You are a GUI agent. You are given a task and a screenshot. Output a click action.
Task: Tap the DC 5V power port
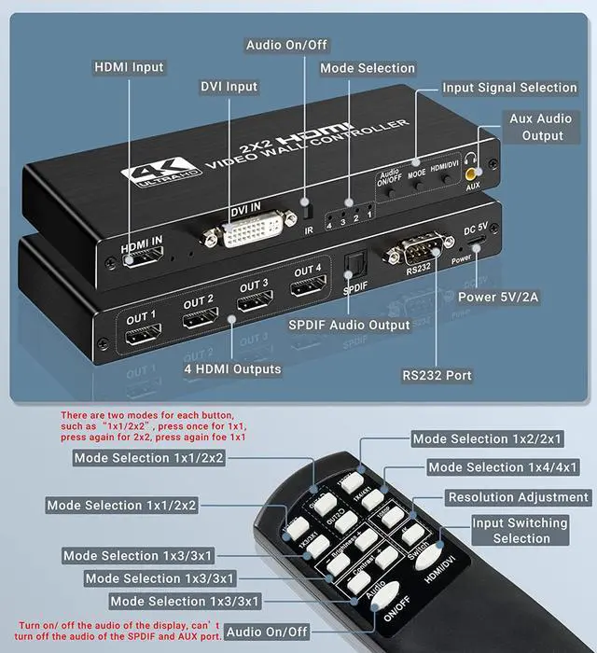[x=477, y=246]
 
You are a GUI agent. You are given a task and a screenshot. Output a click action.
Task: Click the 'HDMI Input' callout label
[x=129, y=67]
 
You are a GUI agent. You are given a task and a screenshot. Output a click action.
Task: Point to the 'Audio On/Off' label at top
[x=287, y=45]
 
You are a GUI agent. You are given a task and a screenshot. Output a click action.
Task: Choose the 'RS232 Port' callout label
[x=437, y=375]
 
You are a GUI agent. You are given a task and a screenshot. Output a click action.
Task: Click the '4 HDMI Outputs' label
[x=233, y=368]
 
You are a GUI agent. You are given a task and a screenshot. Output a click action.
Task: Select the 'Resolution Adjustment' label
[x=518, y=497]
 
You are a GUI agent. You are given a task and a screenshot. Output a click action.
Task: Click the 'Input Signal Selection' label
[x=509, y=88]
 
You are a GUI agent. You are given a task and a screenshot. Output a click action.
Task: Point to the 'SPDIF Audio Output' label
[x=349, y=325]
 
